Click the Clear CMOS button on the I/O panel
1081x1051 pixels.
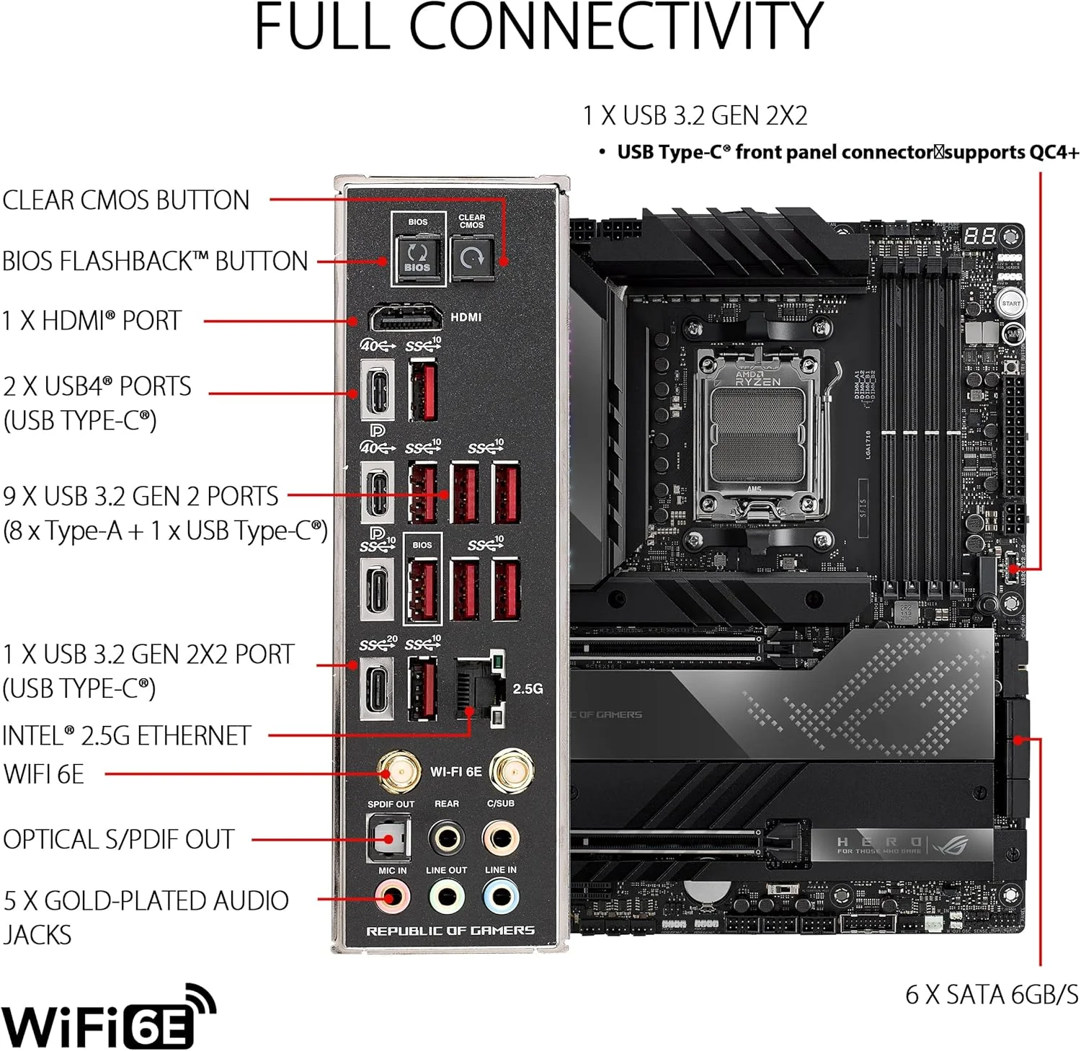pyautogui.click(x=471, y=257)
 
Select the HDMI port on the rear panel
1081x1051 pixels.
pyautogui.click(x=406, y=318)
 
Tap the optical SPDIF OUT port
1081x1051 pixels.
pyautogui.click(x=389, y=838)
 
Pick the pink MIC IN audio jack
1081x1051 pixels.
pyautogui.click(x=393, y=897)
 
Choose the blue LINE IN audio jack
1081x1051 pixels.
pyautogui.click(x=501, y=897)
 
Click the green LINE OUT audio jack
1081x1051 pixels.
pyautogui.click(x=447, y=897)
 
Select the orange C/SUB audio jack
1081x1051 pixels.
pyautogui.click(x=501, y=838)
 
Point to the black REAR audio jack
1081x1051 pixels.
pyautogui.click(x=447, y=838)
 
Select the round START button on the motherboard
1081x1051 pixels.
pyautogui.click(x=1011, y=303)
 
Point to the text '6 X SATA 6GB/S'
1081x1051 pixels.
pyautogui.click(x=992, y=995)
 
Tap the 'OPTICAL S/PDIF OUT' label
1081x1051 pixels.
pyautogui.click(x=119, y=840)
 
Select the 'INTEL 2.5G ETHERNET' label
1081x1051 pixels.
pyautogui.click(x=127, y=736)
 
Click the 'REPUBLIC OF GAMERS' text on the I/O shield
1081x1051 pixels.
pyautogui.click(x=450, y=931)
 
